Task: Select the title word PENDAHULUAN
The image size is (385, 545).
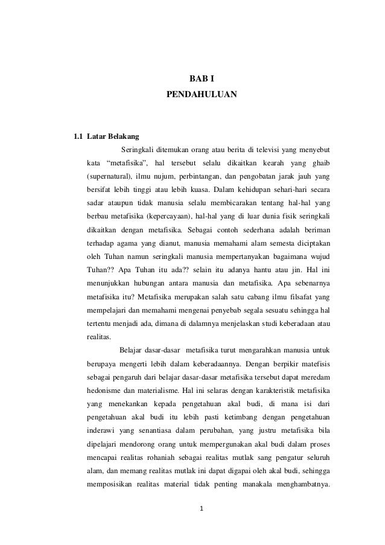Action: click(202, 95)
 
